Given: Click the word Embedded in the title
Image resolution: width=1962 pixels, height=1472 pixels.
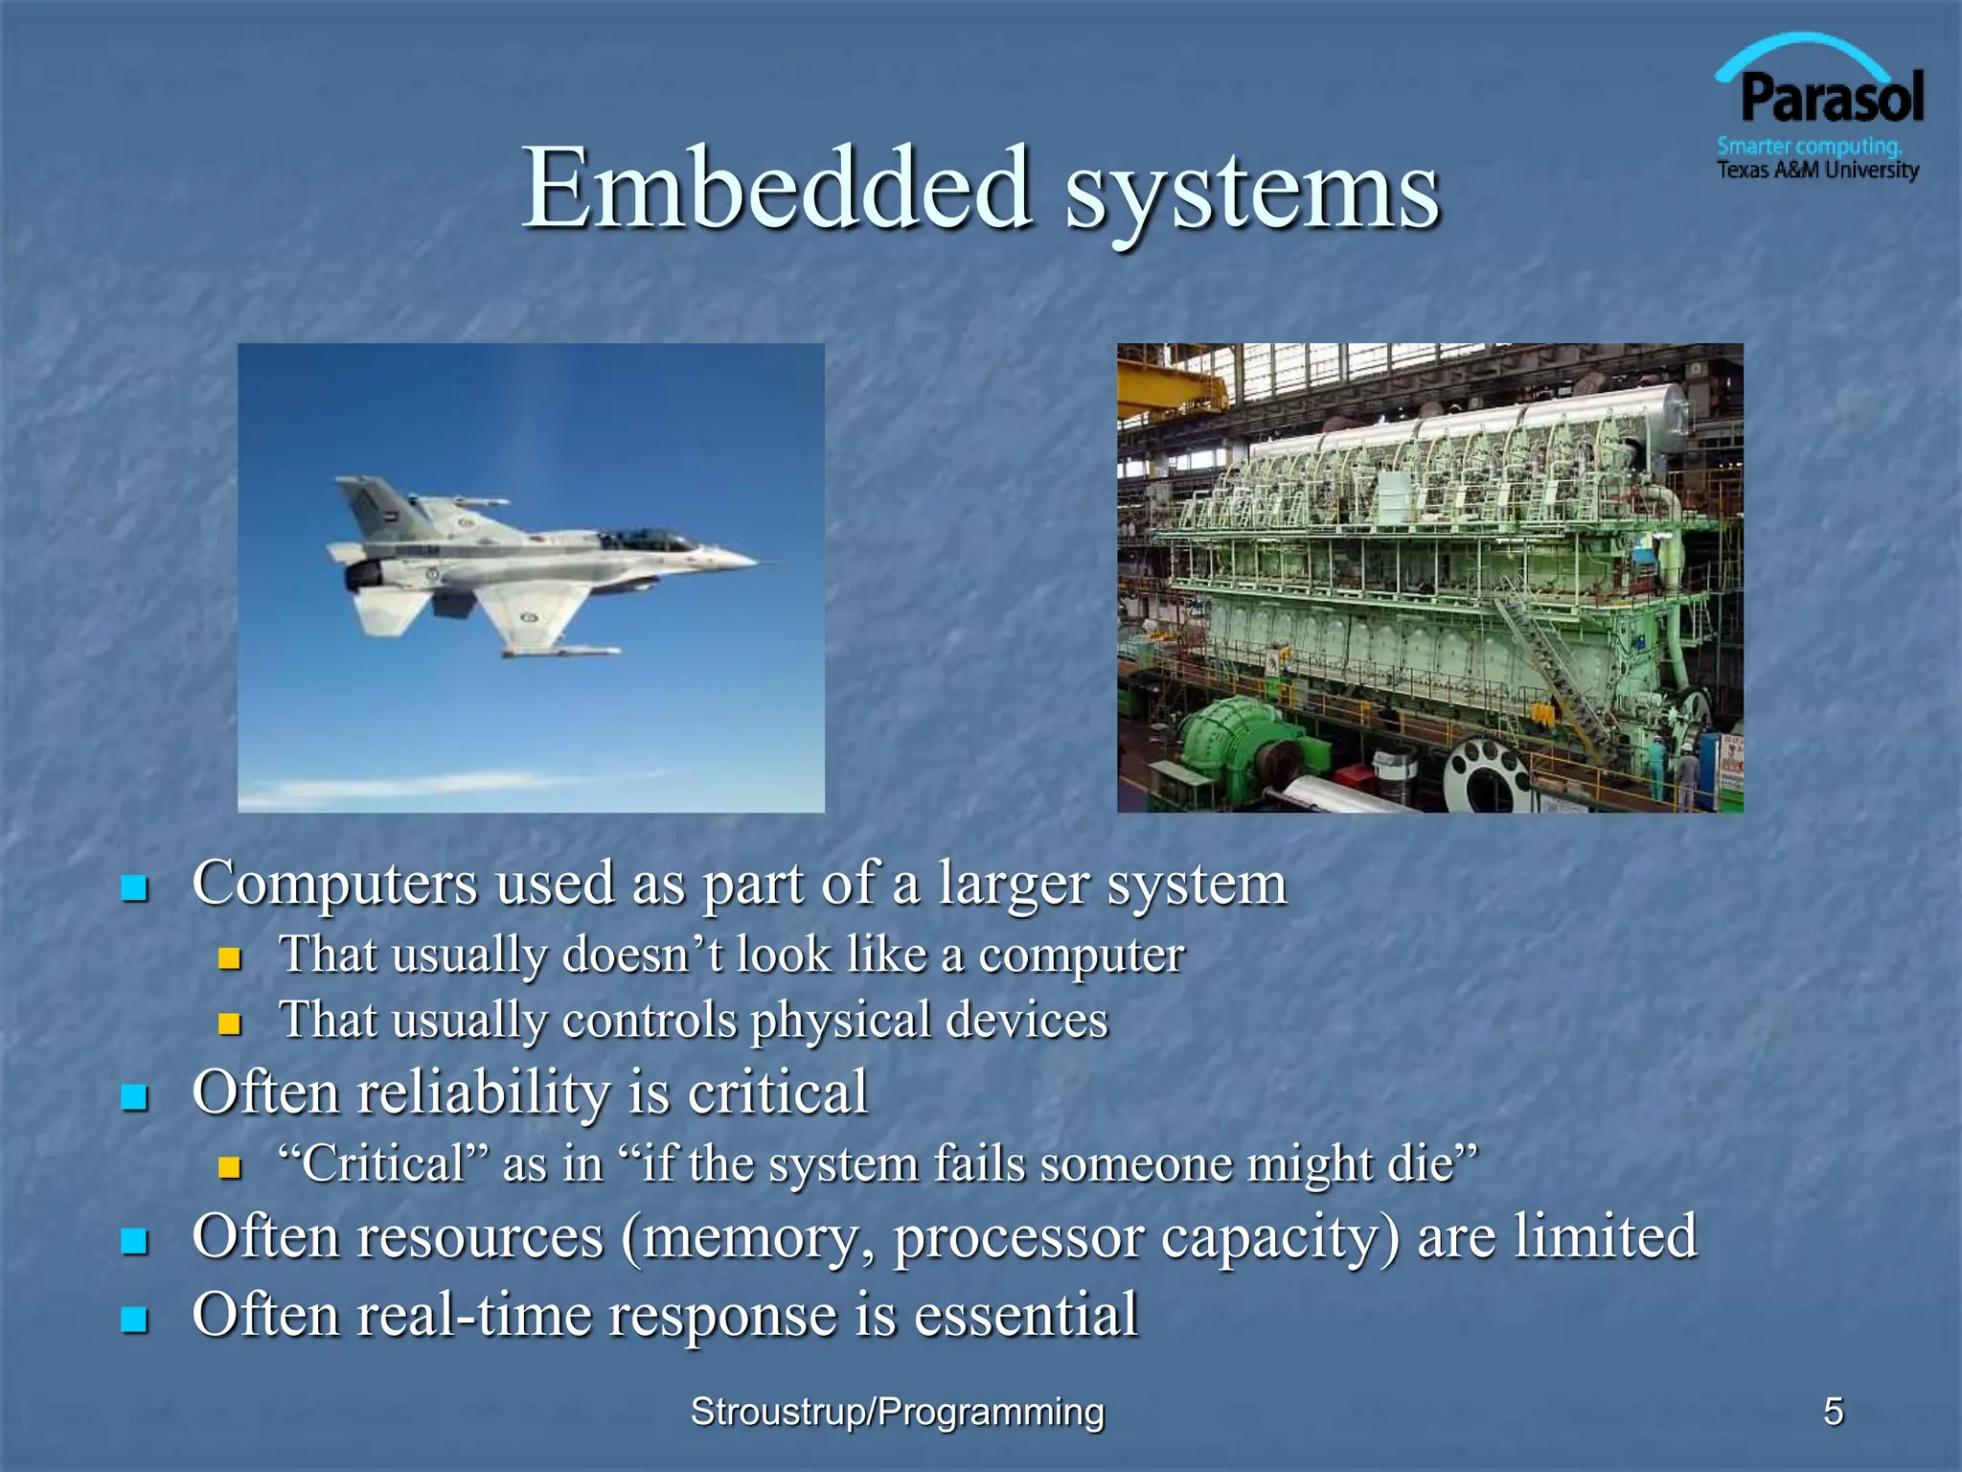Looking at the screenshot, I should (x=776, y=189).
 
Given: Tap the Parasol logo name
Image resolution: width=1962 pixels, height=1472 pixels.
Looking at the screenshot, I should (x=1831, y=99).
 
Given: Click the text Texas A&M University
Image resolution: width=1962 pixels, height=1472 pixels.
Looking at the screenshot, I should (x=1817, y=171).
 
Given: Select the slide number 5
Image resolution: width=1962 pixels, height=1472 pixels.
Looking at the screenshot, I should (x=1833, y=1411).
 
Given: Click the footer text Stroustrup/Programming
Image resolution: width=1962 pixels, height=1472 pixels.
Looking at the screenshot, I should (x=897, y=1411).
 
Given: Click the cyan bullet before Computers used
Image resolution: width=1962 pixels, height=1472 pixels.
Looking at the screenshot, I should (x=134, y=888).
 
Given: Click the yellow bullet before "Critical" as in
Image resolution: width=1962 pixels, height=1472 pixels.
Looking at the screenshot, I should (x=229, y=1166).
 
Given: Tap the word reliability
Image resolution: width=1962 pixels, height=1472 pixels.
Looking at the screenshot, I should (x=482, y=1092).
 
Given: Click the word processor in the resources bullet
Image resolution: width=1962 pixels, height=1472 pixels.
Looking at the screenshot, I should (x=1018, y=1237).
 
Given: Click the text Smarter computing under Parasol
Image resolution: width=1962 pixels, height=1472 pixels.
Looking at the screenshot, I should (x=1809, y=147).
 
